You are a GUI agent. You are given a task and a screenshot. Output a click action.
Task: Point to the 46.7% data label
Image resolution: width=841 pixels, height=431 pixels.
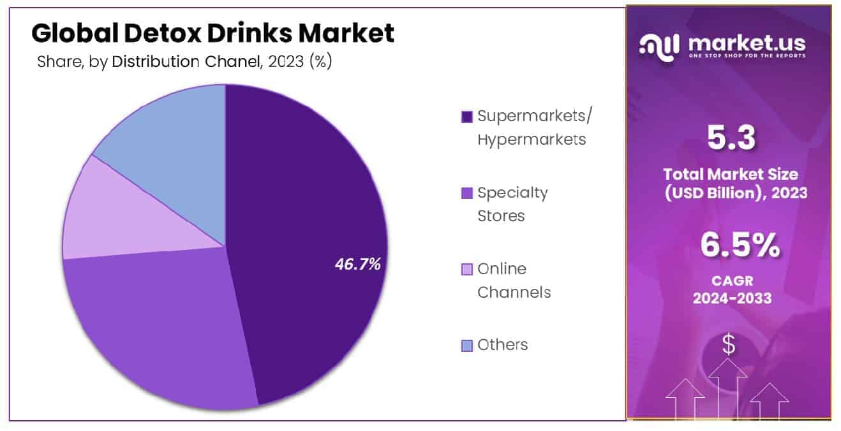coord(357,264)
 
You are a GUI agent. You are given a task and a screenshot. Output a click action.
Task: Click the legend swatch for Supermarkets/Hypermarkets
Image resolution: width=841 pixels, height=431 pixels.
coord(466,117)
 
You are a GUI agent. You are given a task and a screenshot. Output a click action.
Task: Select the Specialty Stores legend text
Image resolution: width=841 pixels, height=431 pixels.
coord(512,204)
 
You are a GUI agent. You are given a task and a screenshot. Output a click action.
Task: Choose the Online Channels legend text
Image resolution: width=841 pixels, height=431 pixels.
coord(514,281)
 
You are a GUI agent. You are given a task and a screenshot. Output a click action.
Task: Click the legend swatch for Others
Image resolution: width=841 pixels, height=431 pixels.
coord(466,346)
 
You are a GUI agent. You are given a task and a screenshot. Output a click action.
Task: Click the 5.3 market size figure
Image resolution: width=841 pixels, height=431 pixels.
coord(731,138)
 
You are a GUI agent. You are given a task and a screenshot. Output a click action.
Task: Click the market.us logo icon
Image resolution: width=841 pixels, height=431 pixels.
coord(659,46)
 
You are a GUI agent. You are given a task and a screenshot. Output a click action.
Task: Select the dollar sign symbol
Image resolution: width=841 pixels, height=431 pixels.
coord(728,345)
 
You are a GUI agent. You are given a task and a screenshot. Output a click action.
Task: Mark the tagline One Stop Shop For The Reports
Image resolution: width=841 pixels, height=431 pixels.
coord(747,55)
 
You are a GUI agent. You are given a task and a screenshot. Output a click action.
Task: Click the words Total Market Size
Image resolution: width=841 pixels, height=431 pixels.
coord(731,174)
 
